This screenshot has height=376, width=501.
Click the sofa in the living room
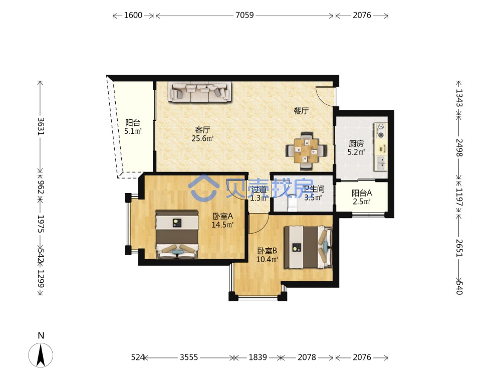click(x=199, y=92)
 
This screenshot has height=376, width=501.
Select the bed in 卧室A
click(x=177, y=234)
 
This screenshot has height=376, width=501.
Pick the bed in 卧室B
click(x=308, y=247)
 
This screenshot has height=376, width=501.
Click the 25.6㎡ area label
click(x=202, y=138)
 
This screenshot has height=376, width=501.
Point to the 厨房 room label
click(x=356, y=143)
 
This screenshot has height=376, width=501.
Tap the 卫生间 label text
click(x=314, y=190)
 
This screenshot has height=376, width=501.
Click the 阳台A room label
click(x=362, y=193)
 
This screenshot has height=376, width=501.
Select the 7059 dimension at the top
click(x=244, y=15)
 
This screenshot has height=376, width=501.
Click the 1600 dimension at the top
click(x=133, y=15)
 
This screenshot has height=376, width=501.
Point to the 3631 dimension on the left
click(x=41, y=127)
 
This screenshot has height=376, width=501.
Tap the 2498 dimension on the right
click(x=459, y=147)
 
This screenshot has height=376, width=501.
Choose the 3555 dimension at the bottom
click(x=189, y=357)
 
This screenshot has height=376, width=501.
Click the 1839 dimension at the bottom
click(x=258, y=357)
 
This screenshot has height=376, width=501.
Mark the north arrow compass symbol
click(x=41, y=355)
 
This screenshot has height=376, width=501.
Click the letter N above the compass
click(x=41, y=336)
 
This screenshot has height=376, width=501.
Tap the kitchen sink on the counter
click(x=381, y=163)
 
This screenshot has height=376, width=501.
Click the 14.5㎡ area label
click(x=222, y=225)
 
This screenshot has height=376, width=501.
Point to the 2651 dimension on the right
click(x=459, y=248)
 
